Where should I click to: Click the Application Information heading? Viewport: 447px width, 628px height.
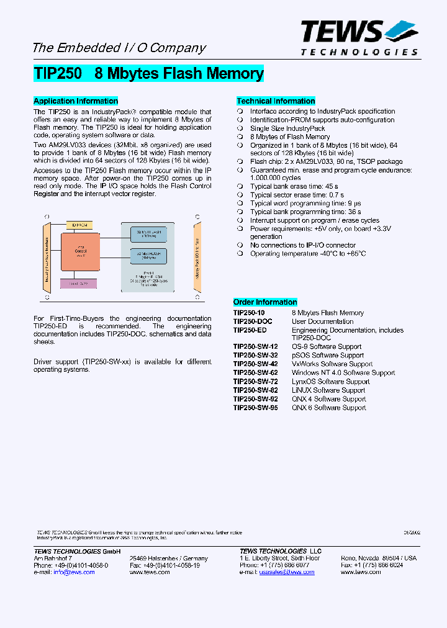coord(76,101)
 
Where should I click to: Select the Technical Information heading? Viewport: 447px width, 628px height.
coord(276,101)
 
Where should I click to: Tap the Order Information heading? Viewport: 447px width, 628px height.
coord(265,302)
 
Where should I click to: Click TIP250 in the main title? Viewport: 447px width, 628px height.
coord(57,74)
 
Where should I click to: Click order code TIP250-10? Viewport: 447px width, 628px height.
coord(249,313)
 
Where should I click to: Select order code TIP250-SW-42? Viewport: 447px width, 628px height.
coord(256,364)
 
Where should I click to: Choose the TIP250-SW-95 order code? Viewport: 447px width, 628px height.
coord(256,408)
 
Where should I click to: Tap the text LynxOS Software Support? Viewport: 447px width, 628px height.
coord(330,382)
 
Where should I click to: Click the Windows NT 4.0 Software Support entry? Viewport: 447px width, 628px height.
coord(343,373)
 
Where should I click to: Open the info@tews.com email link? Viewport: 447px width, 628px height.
coord(74,572)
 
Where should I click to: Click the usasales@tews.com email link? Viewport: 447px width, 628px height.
coord(287,572)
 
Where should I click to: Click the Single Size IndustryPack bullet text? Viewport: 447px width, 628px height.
coord(287,128)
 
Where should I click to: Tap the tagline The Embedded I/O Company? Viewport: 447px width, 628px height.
coord(119,48)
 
